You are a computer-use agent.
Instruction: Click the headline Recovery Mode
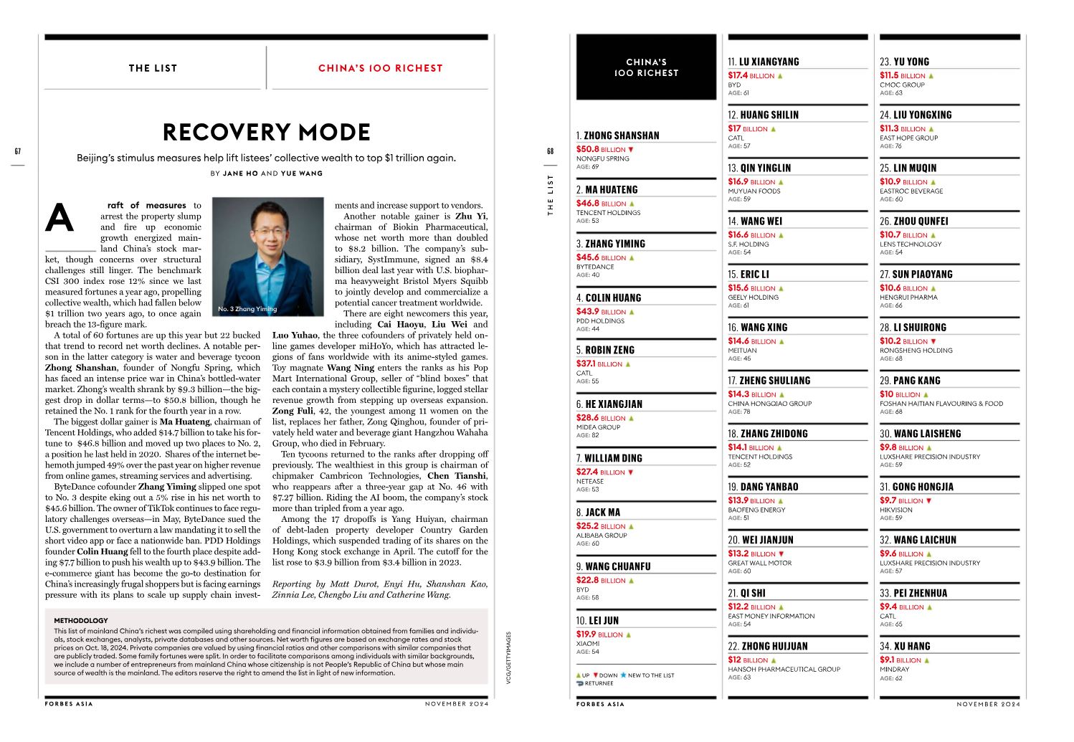266,133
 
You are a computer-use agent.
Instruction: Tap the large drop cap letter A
60,218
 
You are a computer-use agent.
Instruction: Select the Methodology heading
81,621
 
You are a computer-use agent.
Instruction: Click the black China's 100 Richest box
646,67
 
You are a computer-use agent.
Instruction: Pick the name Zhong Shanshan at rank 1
621,135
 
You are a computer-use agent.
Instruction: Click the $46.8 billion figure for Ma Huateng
601,204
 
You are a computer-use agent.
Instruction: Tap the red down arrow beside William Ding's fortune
631,472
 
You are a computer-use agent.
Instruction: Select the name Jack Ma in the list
602,513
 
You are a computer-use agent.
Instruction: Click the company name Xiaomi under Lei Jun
588,644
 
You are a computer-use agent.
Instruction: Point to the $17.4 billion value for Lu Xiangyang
751,75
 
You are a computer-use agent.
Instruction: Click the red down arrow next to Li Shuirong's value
933,341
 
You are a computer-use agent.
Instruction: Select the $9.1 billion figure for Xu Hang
900,660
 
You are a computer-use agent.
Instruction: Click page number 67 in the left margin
18,151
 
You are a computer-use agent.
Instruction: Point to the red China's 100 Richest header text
380,69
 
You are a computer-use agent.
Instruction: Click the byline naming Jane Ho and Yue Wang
266,173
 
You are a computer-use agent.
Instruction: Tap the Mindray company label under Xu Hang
894,670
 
